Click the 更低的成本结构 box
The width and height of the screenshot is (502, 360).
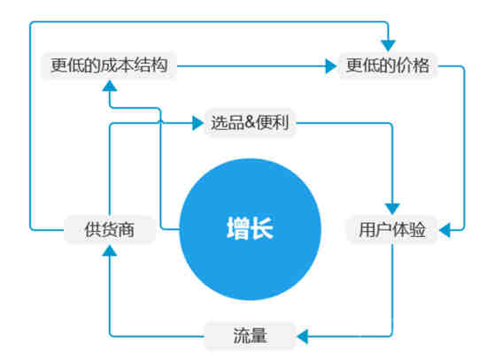[109, 65]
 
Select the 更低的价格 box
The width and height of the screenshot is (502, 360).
[388, 65]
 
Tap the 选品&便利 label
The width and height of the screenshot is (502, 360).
[250, 122]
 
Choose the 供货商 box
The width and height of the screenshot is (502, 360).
[110, 230]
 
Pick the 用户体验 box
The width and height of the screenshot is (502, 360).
[392, 230]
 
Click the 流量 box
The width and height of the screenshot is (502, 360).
[250, 336]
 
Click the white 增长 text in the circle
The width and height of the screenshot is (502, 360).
[250, 228]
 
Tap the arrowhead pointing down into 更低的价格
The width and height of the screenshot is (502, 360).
[388, 46]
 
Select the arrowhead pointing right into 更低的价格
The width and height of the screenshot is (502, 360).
[331, 65]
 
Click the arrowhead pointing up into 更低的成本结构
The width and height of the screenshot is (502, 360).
[110, 86]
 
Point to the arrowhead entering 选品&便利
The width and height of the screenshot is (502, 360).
[197, 123]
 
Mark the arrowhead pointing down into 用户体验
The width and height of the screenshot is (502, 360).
[392, 209]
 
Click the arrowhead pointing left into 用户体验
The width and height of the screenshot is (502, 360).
[445, 230]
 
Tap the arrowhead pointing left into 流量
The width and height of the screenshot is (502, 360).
[303, 336]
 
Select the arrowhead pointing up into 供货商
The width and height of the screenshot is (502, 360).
[110, 250]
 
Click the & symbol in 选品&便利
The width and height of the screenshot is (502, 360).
[250, 122]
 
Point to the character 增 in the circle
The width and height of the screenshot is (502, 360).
[238, 228]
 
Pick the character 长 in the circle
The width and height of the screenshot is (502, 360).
[262, 228]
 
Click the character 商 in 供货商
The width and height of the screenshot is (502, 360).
[126, 230]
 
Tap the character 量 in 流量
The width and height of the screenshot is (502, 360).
[259, 336]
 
